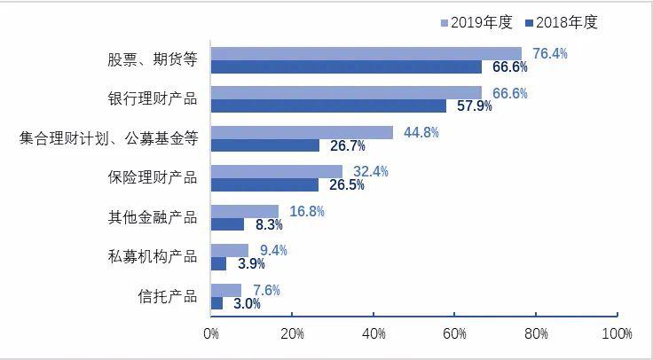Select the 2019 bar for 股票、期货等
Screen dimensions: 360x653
point(366,53)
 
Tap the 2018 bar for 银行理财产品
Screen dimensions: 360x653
point(328,106)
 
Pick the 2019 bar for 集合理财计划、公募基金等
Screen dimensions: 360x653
point(302,132)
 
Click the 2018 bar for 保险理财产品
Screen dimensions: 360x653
point(264,184)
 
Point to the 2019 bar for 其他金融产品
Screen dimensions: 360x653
point(245,211)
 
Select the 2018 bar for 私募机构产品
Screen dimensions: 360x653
point(218,263)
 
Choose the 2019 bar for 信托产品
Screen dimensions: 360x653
point(226,290)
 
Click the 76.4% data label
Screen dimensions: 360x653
point(549,54)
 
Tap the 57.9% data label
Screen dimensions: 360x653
point(474,106)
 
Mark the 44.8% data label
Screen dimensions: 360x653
point(421,132)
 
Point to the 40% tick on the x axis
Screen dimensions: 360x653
point(374,333)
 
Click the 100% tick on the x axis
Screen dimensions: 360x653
point(616,333)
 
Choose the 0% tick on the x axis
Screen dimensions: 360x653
point(211,333)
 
